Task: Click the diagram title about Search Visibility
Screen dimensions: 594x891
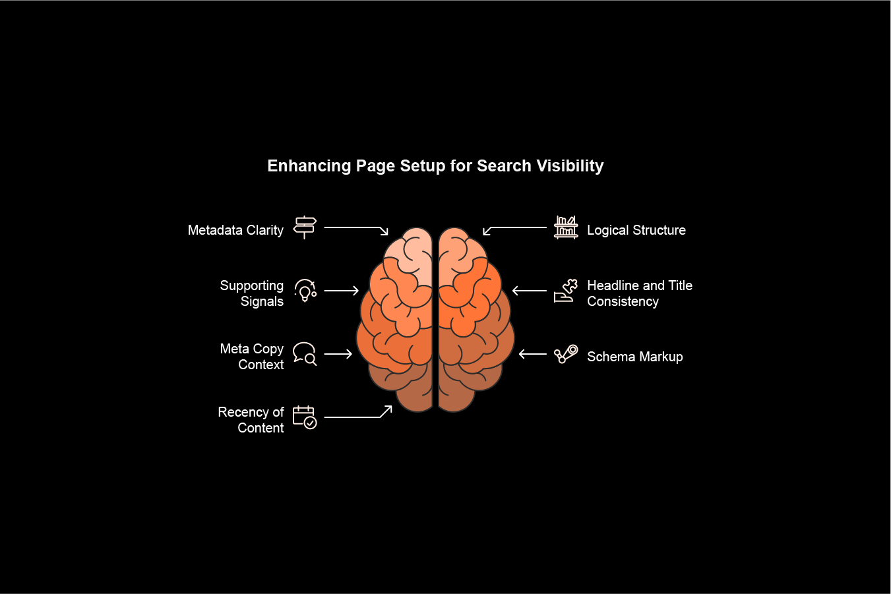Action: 435,166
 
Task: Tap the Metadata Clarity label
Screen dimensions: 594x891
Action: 235,230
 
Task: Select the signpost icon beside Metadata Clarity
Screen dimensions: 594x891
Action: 305,227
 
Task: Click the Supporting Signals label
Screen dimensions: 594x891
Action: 252,293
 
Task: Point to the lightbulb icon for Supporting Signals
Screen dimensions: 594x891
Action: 305,291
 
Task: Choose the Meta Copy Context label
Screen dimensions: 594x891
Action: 252,357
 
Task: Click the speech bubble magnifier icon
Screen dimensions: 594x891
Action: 305,354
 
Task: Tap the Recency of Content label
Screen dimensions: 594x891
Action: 251,420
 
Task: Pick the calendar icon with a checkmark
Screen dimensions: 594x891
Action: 305,417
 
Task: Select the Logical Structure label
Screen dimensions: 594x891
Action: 636,230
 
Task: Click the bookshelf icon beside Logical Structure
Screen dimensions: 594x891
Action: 566,227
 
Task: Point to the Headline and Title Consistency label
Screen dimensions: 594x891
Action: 640,293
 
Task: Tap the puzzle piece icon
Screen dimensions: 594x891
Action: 566,291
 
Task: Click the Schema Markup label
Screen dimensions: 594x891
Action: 635,357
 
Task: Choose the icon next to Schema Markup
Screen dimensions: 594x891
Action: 566,354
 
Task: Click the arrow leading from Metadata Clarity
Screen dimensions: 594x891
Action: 356,228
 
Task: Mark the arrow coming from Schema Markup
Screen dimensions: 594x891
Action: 533,354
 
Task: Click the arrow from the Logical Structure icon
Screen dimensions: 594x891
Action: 514,228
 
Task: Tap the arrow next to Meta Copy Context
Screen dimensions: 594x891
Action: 338,354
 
